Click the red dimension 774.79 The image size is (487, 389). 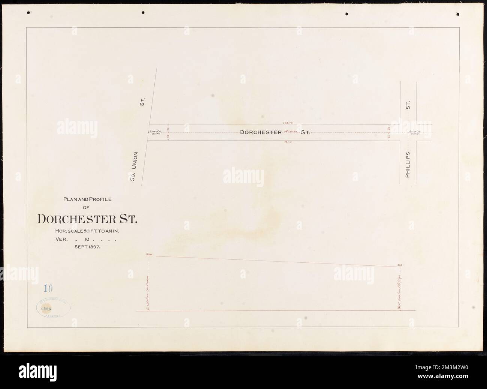289,123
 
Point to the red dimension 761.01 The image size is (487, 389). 289,143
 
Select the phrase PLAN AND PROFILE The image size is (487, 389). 87,200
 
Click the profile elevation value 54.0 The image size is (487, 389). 149,254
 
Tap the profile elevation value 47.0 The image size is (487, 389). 399,265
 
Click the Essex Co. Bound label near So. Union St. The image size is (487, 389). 155,133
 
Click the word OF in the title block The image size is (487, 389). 87,207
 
